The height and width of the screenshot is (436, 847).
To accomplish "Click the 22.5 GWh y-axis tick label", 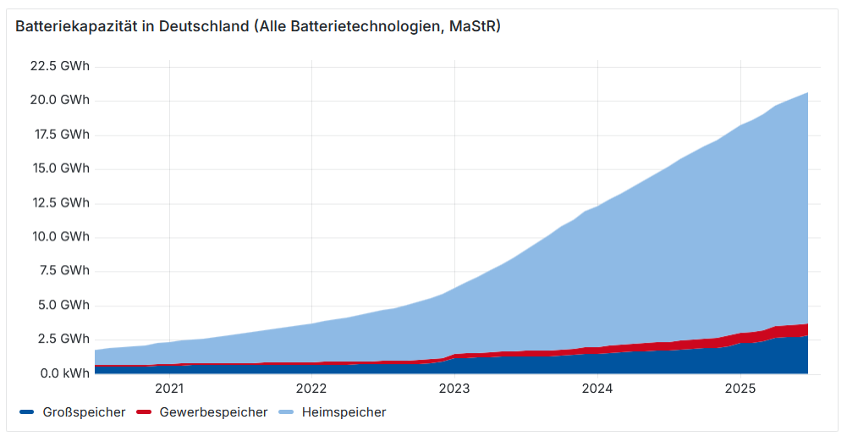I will pos(59,66).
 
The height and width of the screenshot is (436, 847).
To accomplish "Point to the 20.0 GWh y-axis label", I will pos(59,100).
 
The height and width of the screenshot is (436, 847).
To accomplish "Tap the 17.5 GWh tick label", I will pos(59,134).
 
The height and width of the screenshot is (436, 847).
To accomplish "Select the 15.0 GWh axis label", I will pos(59,168).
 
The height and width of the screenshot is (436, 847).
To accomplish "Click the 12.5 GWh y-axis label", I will pos(59,202).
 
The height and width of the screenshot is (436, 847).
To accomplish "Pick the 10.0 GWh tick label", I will pos(59,236).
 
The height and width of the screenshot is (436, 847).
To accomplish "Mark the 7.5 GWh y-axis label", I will pos(63,271).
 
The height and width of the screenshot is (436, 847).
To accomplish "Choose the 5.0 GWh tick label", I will pos(63,305).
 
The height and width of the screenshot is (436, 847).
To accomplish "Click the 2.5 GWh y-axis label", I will pos(63,339).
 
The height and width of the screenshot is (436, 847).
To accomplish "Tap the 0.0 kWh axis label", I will pos(62,373).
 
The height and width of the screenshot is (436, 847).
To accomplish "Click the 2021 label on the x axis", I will pos(169,389).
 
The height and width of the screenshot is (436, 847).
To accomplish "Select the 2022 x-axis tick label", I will pos(311,389).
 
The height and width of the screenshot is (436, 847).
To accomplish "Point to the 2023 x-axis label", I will pos(454,389).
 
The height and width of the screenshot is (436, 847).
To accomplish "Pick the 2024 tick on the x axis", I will pos(597,389).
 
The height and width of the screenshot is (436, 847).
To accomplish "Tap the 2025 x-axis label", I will pos(740,389).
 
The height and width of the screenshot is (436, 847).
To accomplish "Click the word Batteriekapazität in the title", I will pos(74,26).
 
